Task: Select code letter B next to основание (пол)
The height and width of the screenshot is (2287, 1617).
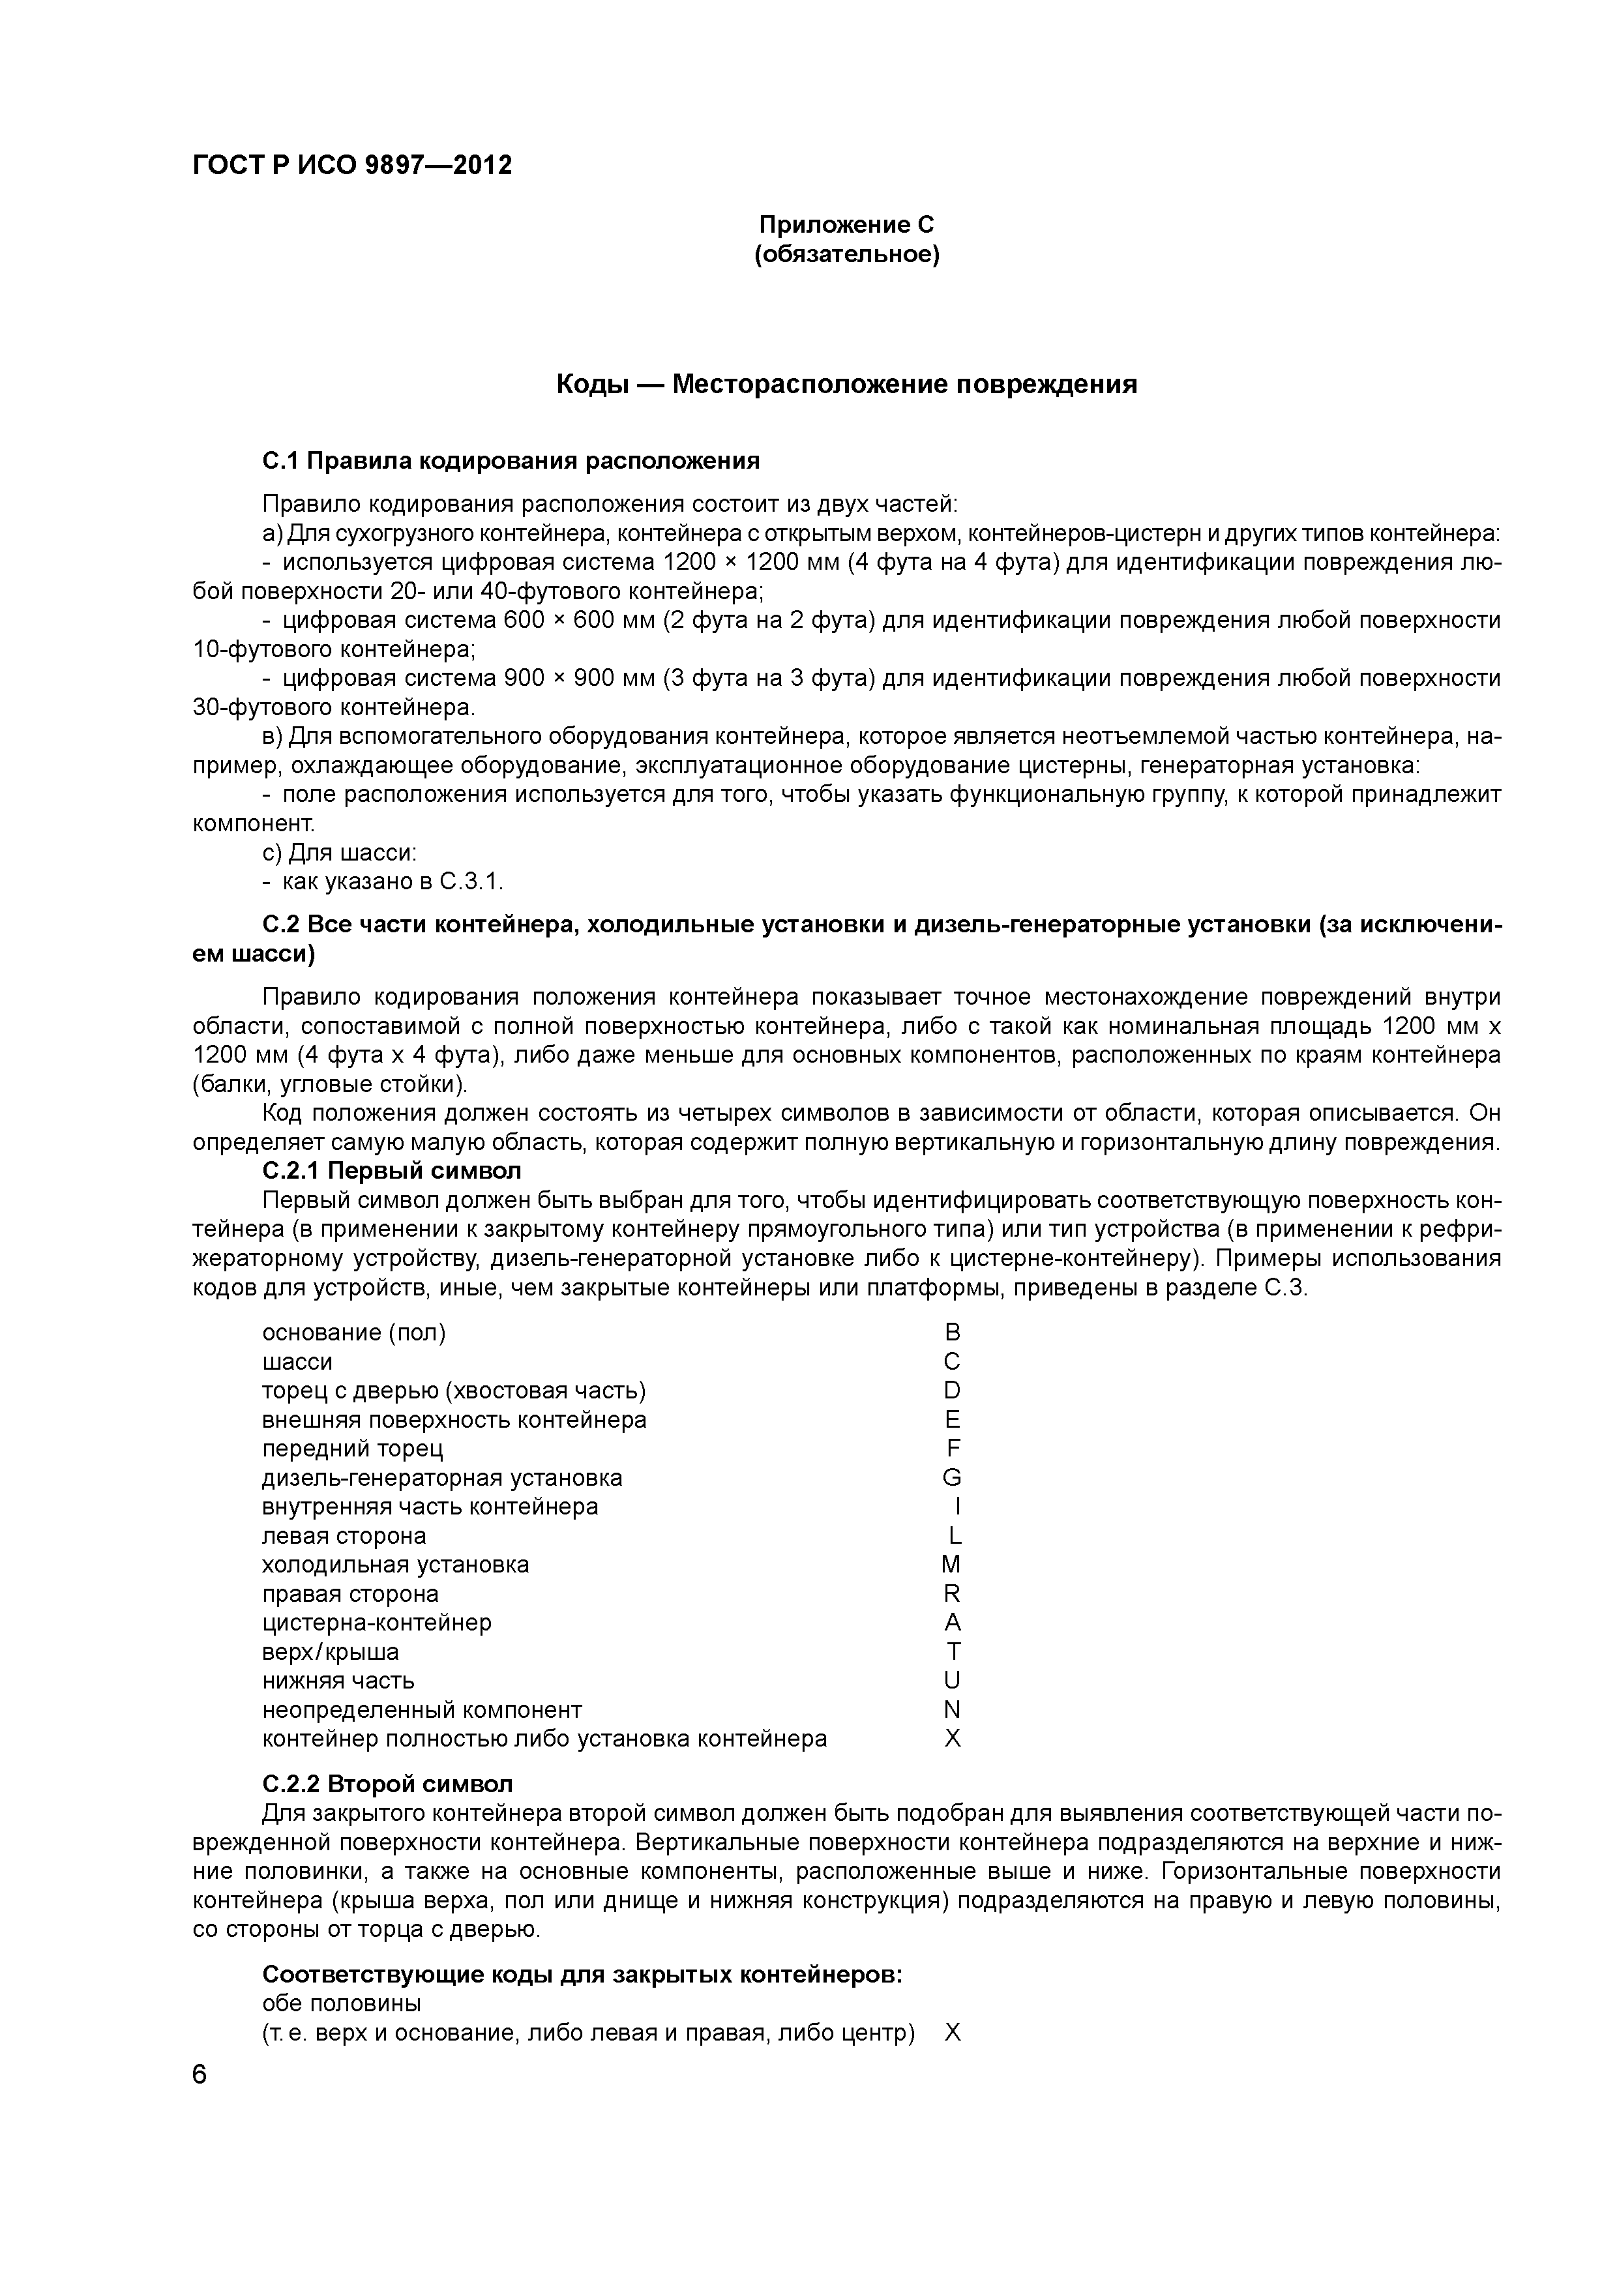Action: (953, 1333)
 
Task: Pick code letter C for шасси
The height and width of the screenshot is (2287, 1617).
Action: (953, 1362)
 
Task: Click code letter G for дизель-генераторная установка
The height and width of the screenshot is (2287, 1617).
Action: (953, 1477)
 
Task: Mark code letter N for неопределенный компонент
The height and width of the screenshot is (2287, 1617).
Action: (953, 1709)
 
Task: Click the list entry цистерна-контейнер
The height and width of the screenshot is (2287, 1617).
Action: (377, 1623)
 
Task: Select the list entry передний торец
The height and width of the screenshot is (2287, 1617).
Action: (353, 1449)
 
